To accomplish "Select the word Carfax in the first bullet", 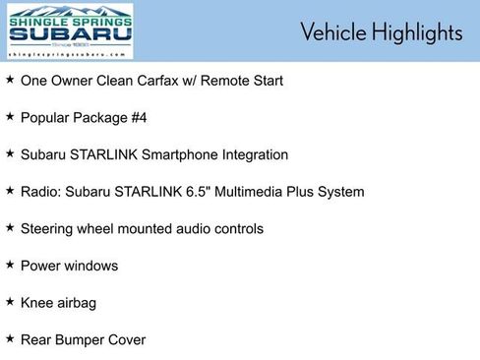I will (173, 81).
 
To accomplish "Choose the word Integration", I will (255, 154).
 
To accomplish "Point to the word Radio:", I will (39, 192).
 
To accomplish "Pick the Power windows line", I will (69, 266).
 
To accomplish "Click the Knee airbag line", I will (58, 303).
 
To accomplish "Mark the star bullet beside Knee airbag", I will (10, 302).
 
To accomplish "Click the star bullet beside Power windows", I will (10, 265).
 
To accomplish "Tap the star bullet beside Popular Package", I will (10, 117).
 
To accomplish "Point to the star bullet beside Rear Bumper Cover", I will (10, 339).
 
